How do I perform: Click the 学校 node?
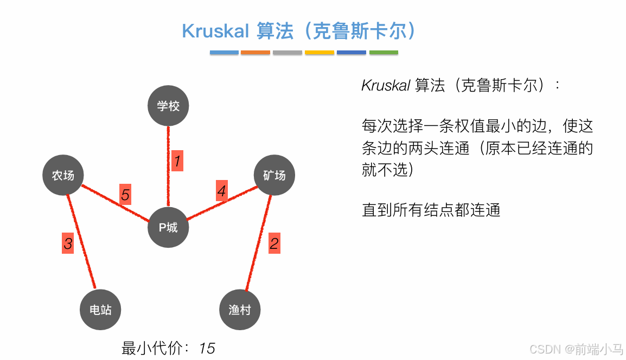(168, 106)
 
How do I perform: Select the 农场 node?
(63, 175)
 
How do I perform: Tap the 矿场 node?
(274, 175)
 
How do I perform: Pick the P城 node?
(168, 227)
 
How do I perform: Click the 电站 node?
(100, 310)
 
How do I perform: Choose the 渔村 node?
(240, 310)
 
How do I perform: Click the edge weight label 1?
(177, 161)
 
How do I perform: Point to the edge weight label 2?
(274, 243)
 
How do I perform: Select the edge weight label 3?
(68, 244)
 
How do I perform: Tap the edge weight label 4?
(221, 191)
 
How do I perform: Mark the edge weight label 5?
(125, 195)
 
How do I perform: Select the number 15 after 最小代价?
(207, 348)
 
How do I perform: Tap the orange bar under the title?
(255, 53)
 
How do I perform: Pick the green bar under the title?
(384, 53)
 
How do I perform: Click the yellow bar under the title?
(319, 53)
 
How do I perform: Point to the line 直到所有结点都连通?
(431, 210)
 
